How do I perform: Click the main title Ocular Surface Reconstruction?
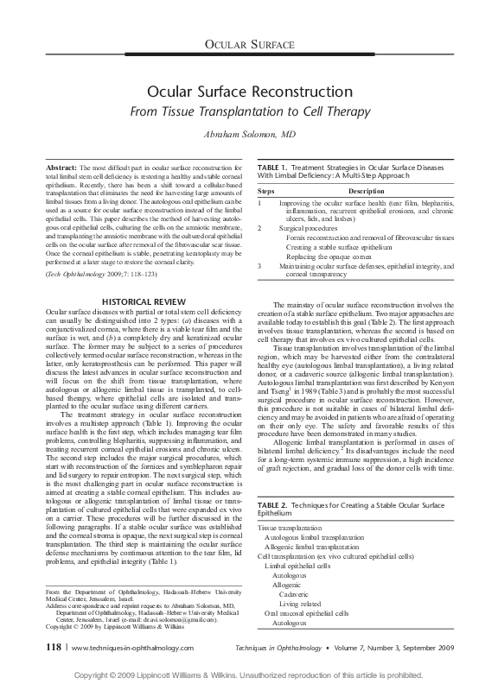pyautogui.click(x=249, y=91)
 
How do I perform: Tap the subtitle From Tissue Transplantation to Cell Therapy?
pyautogui.click(x=249, y=111)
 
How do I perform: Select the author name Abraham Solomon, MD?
pyautogui.click(x=249, y=136)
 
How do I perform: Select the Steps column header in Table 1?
pyautogui.click(x=267, y=189)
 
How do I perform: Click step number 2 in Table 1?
pyautogui.click(x=260, y=227)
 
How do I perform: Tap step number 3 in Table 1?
pyautogui.click(x=260, y=266)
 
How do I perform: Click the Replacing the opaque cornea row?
pyautogui.click(x=327, y=256)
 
